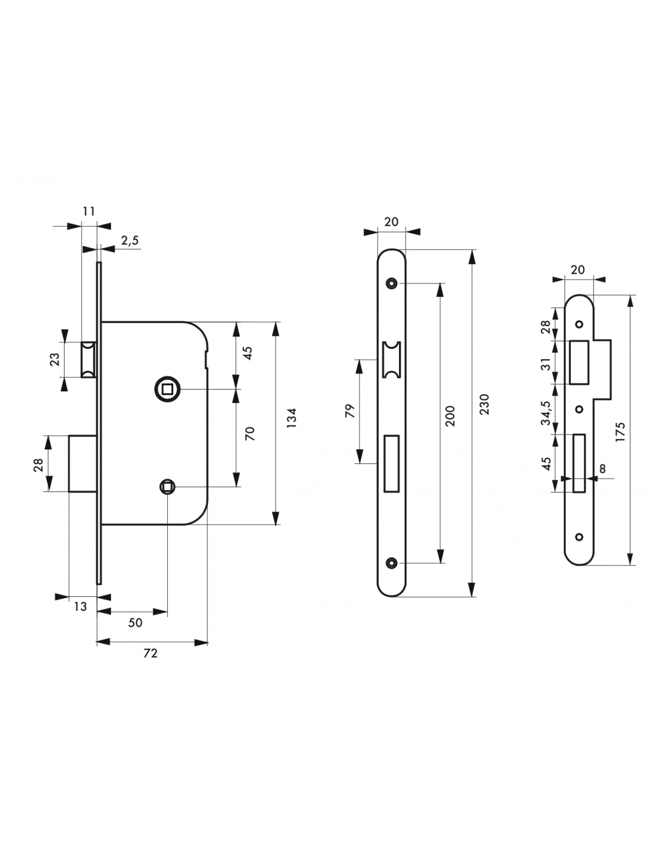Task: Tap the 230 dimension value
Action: pyautogui.click(x=484, y=404)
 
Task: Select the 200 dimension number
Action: pyautogui.click(x=450, y=416)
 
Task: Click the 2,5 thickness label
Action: pyautogui.click(x=130, y=241)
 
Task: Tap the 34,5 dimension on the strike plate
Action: pyautogui.click(x=547, y=413)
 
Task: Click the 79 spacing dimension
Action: pyautogui.click(x=350, y=411)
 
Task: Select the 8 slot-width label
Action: pyautogui.click(x=603, y=468)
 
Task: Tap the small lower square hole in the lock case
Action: pyautogui.click(x=167, y=487)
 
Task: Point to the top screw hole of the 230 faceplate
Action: pyautogui.click(x=391, y=284)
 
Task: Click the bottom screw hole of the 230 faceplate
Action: pyautogui.click(x=391, y=563)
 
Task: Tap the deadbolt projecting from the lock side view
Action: pyautogui.click(x=82, y=463)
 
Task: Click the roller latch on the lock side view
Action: pyautogui.click(x=88, y=360)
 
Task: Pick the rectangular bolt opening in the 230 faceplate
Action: pyautogui.click(x=391, y=463)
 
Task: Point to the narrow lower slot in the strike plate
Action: pyautogui.click(x=579, y=463)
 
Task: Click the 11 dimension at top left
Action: pyautogui.click(x=89, y=211)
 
